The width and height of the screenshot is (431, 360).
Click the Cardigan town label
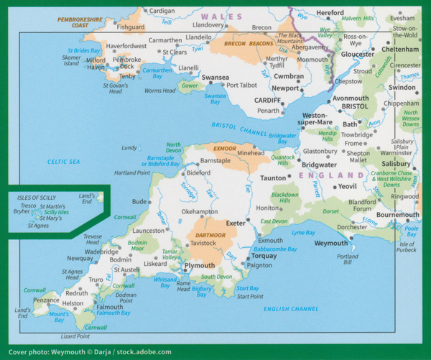[162, 11]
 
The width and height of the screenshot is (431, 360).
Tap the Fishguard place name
[131, 27]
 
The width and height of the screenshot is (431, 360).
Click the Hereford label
[330, 13]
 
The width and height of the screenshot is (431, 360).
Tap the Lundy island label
[129, 148]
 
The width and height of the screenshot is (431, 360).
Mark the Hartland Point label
[132, 173]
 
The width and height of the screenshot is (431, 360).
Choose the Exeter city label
[236, 223]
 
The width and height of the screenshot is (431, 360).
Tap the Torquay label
[264, 256]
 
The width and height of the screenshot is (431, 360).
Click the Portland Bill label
[348, 259]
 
